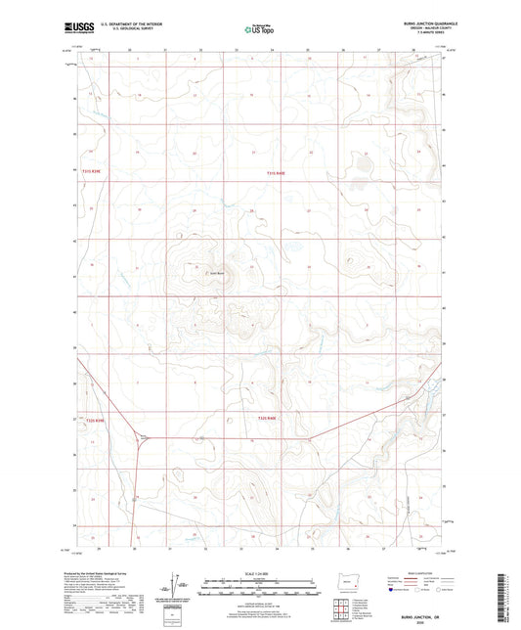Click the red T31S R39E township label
coord(92,174)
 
